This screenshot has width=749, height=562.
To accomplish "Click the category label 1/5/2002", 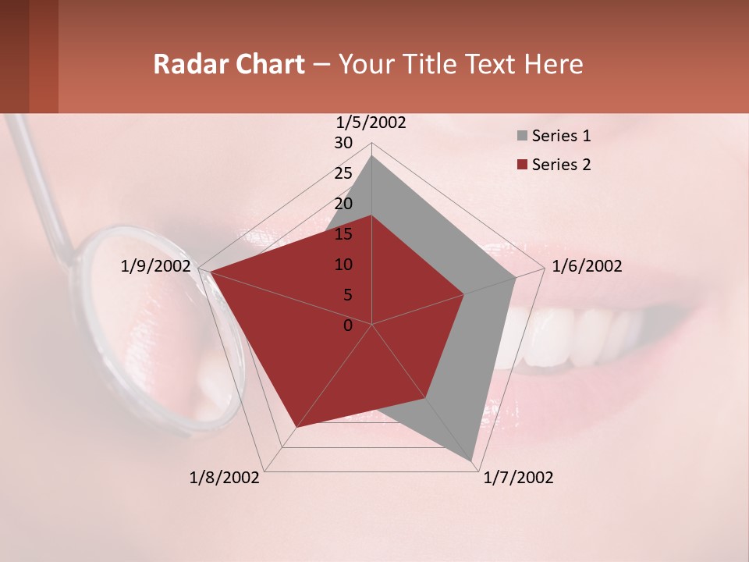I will (371, 123).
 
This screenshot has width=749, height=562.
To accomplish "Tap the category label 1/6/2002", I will (587, 266).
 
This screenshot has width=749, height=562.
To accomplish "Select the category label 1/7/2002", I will (518, 478).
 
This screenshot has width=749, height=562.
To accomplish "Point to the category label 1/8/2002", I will (225, 478).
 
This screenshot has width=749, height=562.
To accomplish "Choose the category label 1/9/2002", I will (156, 266).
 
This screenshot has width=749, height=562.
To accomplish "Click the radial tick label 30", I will (343, 143).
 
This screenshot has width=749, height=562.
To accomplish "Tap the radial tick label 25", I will (343, 173).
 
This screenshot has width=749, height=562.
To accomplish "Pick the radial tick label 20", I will (343, 204).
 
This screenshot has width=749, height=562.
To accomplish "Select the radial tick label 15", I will (343, 234).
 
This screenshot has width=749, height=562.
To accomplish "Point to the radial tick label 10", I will (343, 265).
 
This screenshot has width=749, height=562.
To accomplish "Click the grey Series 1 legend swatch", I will (522, 137).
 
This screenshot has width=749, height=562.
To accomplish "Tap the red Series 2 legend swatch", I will (522, 165).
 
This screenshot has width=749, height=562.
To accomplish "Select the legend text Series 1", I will (561, 136).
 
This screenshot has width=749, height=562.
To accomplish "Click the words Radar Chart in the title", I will (229, 64).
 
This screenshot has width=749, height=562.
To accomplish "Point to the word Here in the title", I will (553, 64).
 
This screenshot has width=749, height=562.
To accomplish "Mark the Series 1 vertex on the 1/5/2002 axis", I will (372, 155).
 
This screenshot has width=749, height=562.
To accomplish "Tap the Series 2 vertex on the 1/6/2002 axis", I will (465, 294).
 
